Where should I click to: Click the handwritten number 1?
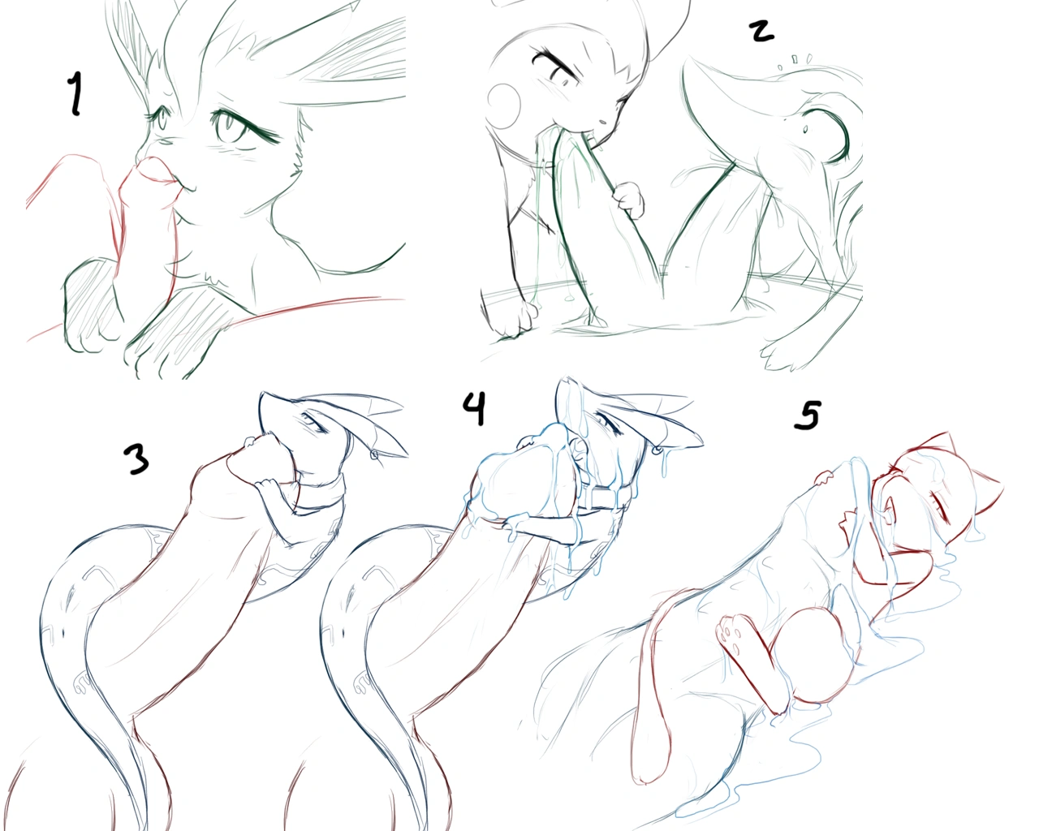coord(75,93)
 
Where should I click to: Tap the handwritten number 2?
coord(761,31)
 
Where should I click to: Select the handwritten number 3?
coord(136,459)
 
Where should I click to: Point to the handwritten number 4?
coord(475,408)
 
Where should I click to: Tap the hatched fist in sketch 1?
coord(92,304)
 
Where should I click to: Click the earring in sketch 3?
coord(375,454)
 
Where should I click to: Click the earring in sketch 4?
coord(658,450)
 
